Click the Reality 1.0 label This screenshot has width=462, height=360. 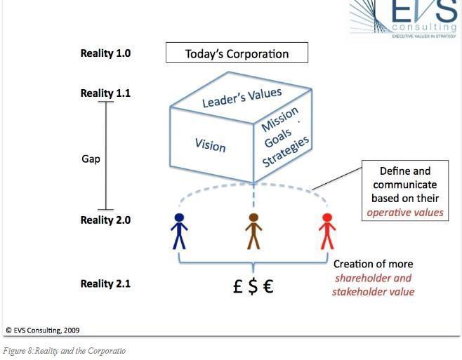coord(105,53)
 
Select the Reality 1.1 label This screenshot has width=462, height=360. coord(105,93)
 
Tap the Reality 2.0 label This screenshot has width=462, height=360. coord(105,220)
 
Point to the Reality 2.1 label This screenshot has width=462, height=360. coord(105,284)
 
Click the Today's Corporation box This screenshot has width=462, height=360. coord(237,53)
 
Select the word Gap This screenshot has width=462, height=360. coord(91,159)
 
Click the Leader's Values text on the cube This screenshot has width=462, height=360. coord(242,98)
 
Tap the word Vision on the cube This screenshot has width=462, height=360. coord(210,144)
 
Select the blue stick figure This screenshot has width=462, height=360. coord(180,231)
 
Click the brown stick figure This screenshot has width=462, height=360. coord(253,231)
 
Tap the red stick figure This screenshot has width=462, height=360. coord(326,231)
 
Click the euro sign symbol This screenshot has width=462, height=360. coord(268,286)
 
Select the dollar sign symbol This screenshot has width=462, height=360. coord(253,286)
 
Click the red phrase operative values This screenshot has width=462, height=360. coord(406,212)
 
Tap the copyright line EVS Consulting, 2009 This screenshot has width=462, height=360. coord(42,329)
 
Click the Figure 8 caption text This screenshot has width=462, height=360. coord(65,349)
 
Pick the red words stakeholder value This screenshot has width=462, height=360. coord(373,291)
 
